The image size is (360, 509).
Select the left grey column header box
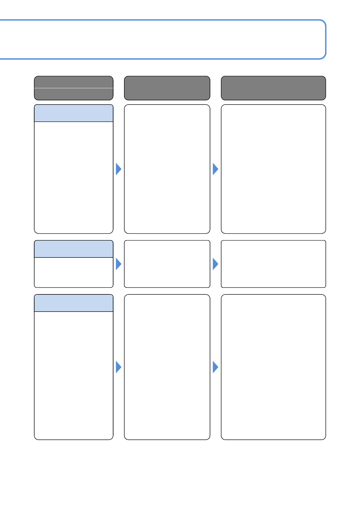74,88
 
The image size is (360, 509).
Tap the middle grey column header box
167,88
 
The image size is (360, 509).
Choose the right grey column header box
273,88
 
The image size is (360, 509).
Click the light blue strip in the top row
74,113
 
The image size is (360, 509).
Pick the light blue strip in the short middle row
74,249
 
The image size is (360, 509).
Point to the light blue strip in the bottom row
74,303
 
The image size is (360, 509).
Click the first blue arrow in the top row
118,169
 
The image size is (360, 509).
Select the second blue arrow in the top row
215,169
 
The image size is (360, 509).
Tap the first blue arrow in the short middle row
118,264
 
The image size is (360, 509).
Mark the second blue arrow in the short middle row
215,264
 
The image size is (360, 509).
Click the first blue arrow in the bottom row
118,367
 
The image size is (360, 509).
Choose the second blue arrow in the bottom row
215,367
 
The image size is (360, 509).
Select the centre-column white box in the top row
167,169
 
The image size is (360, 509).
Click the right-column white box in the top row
273,169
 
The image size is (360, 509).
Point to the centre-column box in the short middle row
167,264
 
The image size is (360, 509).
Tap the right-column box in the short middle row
273,264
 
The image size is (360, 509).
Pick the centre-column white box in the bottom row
167,367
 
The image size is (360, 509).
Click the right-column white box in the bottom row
273,367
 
